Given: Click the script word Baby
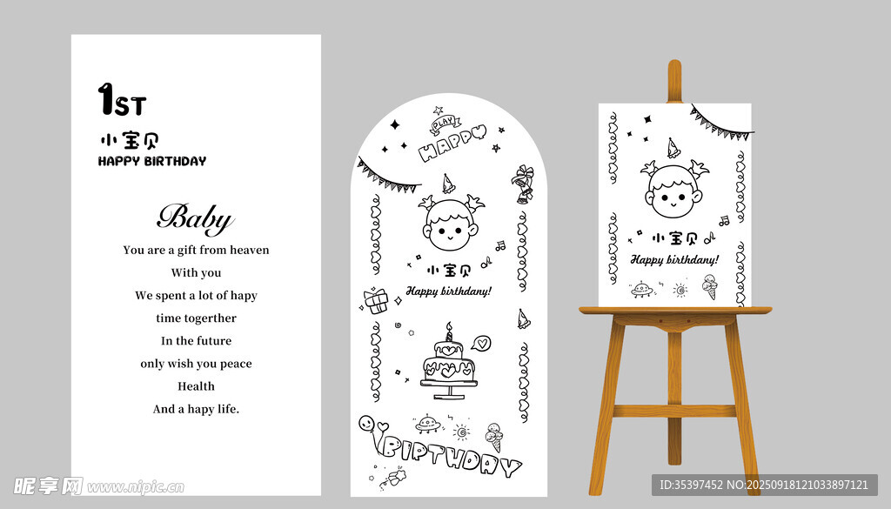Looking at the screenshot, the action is coord(196,218).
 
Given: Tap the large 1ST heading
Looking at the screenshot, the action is coord(122,99).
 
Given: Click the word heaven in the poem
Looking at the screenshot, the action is coord(250,250).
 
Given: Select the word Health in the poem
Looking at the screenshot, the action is coord(196,386).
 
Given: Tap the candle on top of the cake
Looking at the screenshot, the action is coord(449,332).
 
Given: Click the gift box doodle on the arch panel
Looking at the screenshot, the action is coord(376,301).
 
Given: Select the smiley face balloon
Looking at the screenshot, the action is coord(366,423).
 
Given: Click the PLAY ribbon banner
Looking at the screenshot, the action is coord(445,123).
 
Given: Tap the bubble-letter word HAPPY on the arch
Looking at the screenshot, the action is coord(452,143).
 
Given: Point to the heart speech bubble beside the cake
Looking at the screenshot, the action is coord(480,343).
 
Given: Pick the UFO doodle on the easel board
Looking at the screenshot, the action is coord(642,290).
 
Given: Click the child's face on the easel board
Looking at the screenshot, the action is coord(673,191).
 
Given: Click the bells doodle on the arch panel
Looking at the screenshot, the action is coord(523,184).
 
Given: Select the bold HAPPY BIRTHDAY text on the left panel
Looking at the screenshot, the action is coord(152,161).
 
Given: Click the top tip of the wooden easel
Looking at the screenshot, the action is coord(674,61).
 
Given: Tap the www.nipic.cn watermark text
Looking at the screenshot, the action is coord(135,487).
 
